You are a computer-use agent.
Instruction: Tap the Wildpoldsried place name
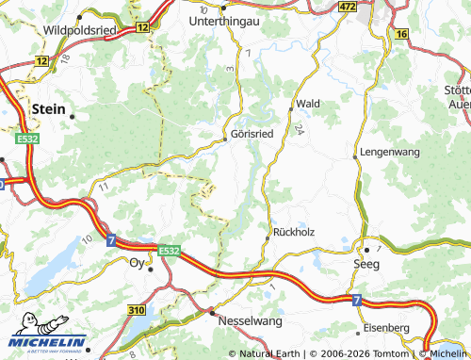(81, 30)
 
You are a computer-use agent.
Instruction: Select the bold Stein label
(49, 109)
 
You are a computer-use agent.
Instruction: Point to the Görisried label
(252, 135)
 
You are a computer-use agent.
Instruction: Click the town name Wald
(308, 103)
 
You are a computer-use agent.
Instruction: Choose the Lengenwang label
(388, 151)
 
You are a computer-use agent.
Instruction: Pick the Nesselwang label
(249, 321)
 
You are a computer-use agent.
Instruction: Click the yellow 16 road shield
(402, 34)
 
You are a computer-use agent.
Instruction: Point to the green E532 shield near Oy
(169, 251)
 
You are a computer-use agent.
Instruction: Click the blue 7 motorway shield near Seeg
(357, 300)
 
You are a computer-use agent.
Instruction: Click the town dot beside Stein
(72, 116)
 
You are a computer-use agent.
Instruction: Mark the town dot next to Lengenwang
(356, 152)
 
